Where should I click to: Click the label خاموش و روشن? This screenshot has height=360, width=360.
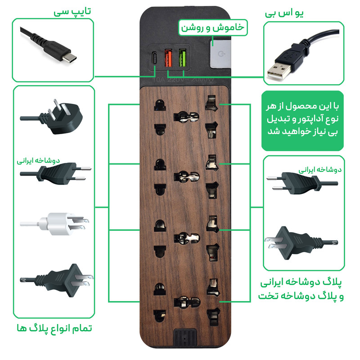point(212,27)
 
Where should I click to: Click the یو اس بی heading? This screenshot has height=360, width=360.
point(288,13)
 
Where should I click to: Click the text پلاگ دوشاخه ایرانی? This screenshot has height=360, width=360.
point(302,284)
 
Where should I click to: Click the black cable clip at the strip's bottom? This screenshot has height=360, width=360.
point(185,340)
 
